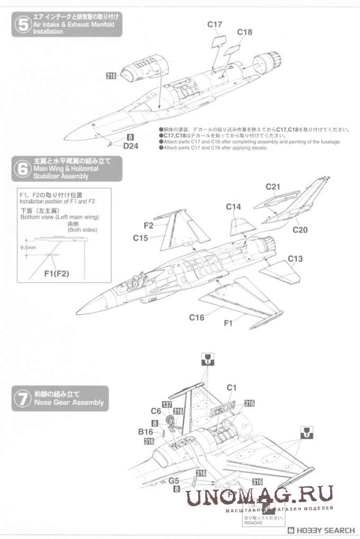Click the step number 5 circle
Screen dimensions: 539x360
[x=22, y=25]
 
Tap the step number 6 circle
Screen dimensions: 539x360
[x=22, y=169]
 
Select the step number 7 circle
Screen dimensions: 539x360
[x=22, y=398]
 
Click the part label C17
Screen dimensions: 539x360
[x=214, y=24]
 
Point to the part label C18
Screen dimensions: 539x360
[x=244, y=32]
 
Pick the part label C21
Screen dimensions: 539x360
[x=273, y=186]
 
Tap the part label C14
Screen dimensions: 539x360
[x=234, y=207]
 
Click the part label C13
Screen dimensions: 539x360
[x=296, y=258]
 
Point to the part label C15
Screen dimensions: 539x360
[x=140, y=238]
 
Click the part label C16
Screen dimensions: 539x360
[x=197, y=318]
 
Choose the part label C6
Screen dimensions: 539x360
[x=155, y=411]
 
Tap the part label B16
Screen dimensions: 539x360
[x=146, y=432]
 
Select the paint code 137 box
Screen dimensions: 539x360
[x=167, y=404]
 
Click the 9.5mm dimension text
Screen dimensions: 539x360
[x=28, y=247]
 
